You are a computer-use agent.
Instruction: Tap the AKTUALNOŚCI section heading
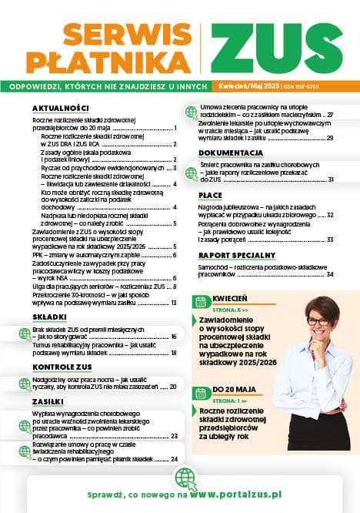tap(61, 108)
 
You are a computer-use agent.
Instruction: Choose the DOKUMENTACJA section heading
tap(232, 153)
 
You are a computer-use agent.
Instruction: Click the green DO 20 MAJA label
tap(228, 390)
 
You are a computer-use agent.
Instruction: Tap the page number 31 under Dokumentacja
tap(330, 179)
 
